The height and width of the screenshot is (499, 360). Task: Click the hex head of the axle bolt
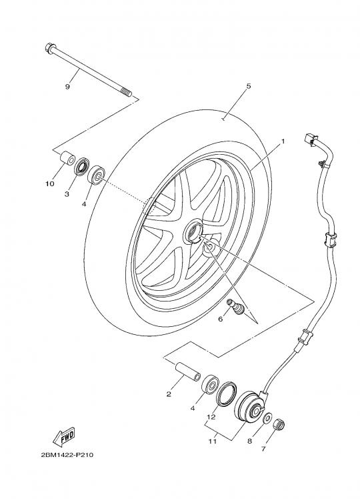coord(50,48)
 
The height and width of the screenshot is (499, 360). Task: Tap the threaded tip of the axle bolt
coord(127,93)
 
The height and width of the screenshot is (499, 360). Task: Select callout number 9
coord(67,87)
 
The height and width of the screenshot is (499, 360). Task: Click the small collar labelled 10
coord(68,159)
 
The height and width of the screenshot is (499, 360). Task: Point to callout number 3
coord(67,194)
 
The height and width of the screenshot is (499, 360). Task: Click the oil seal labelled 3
coord(82,166)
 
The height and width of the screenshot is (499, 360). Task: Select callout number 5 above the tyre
coord(249,86)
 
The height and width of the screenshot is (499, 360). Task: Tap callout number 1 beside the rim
coord(283,141)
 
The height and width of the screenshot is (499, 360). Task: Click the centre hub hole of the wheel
coord(194,231)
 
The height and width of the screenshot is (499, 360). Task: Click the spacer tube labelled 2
coord(188,372)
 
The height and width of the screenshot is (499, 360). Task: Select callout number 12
coord(211,417)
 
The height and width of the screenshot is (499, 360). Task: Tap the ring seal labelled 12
coord(226,394)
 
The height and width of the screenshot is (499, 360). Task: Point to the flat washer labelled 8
coord(268,418)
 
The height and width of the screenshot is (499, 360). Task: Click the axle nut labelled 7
coord(279,424)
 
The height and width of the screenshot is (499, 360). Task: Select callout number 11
coord(213,441)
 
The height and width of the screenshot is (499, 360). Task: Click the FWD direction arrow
coord(63,436)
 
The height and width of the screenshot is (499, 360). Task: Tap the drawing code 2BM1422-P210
coord(67,455)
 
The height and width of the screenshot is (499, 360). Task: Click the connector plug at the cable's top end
coord(311,139)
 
